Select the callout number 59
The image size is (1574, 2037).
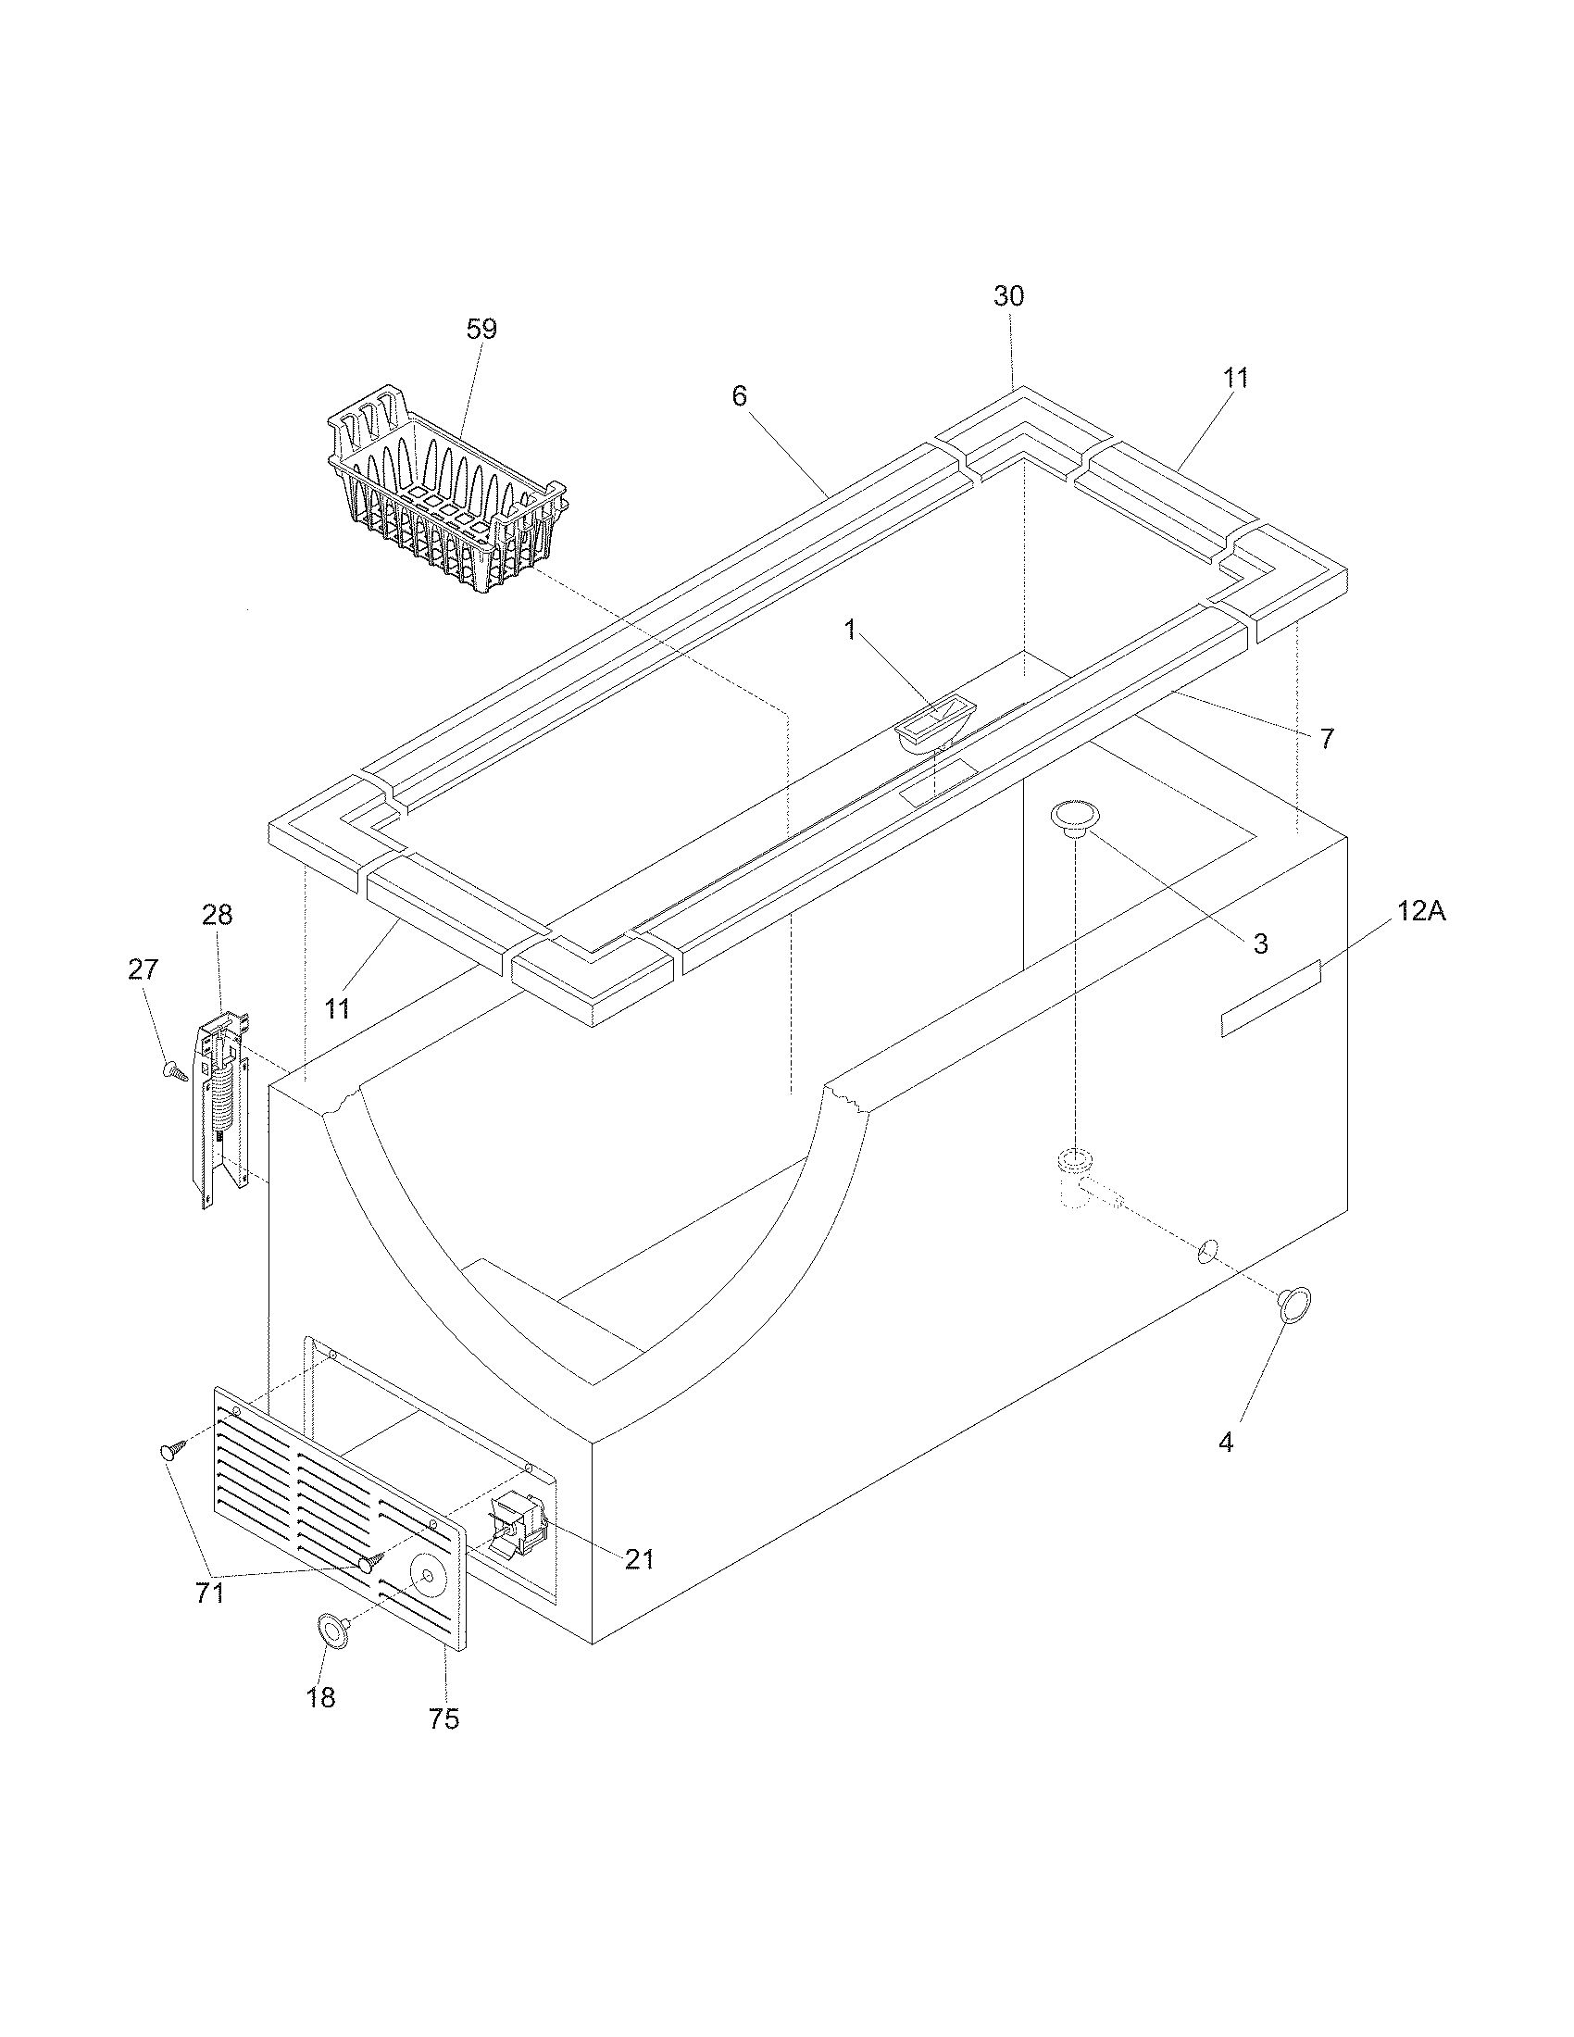tap(481, 330)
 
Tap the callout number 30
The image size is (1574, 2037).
tap(1008, 296)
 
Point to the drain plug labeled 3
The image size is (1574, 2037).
tap(1075, 816)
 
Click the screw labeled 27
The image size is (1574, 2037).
tap(174, 1071)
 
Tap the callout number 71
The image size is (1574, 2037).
tap(210, 1593)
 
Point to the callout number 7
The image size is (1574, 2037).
tap(1327, 739)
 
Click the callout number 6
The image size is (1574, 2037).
tap(739, 396)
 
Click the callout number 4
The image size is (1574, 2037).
tap(1225, 1442)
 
